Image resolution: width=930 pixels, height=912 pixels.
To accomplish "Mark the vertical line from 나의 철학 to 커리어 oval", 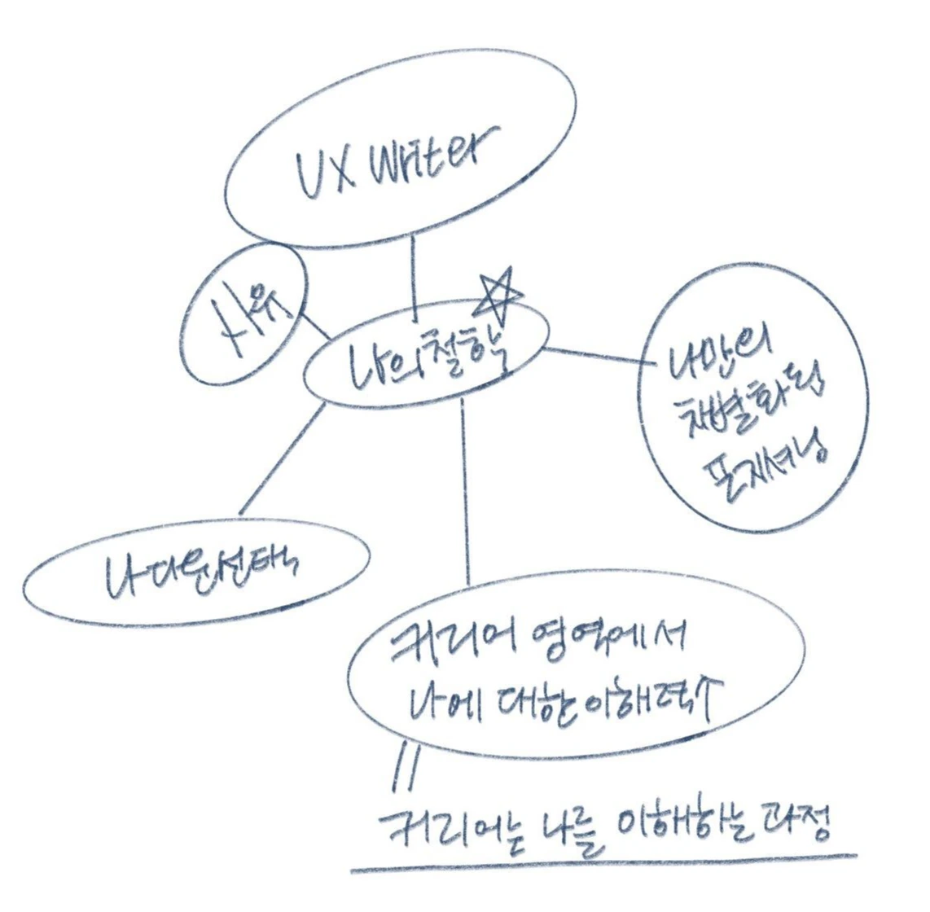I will coord(465,497).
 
